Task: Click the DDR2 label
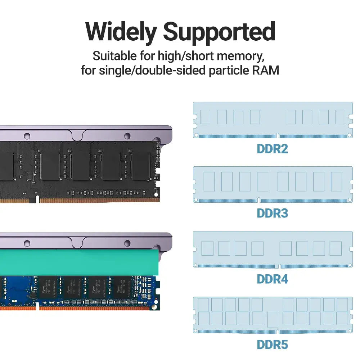[x=273, y=149]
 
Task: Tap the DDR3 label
[x=273, y=213]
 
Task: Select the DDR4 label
[x=273, y=279]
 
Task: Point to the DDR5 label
[x=273, y=345]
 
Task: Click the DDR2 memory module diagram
[x=273, y=120]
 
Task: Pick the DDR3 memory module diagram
[x=273, y=184]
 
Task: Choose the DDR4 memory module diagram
[x=273, y=249]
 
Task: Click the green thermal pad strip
[x=79, y=261]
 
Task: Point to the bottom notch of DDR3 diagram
[x=258, y=200]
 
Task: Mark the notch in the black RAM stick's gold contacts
[x=37, y=198]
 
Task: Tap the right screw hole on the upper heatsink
[x=127, y=136]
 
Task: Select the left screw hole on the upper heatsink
[x=27, y=136]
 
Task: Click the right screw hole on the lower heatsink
[x=127, y=244]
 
